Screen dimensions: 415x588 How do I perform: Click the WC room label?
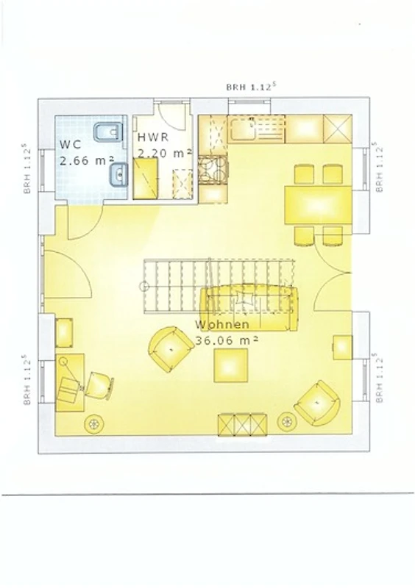point(70,144)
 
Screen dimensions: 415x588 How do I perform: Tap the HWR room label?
point(153,137)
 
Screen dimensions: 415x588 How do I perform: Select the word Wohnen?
point(222,324)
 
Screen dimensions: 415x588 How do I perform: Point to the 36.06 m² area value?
point(227,340)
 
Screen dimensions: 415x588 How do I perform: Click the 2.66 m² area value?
point(87,160)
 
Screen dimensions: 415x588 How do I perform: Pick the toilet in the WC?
point(107,132)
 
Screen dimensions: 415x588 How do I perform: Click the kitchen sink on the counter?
point(243,129)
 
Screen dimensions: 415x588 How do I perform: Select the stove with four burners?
point(213,170)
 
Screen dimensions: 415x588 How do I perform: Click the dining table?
point(318,205)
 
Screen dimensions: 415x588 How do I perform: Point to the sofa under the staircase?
point(249,308)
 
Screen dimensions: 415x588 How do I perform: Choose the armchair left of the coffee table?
point(169,348)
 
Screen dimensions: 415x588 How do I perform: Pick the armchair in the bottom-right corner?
point(318,404)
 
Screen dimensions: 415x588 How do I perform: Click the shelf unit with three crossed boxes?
point(243,425)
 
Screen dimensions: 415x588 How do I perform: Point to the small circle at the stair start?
point(143,287)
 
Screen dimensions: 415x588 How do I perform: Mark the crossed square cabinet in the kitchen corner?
point(338,129)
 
